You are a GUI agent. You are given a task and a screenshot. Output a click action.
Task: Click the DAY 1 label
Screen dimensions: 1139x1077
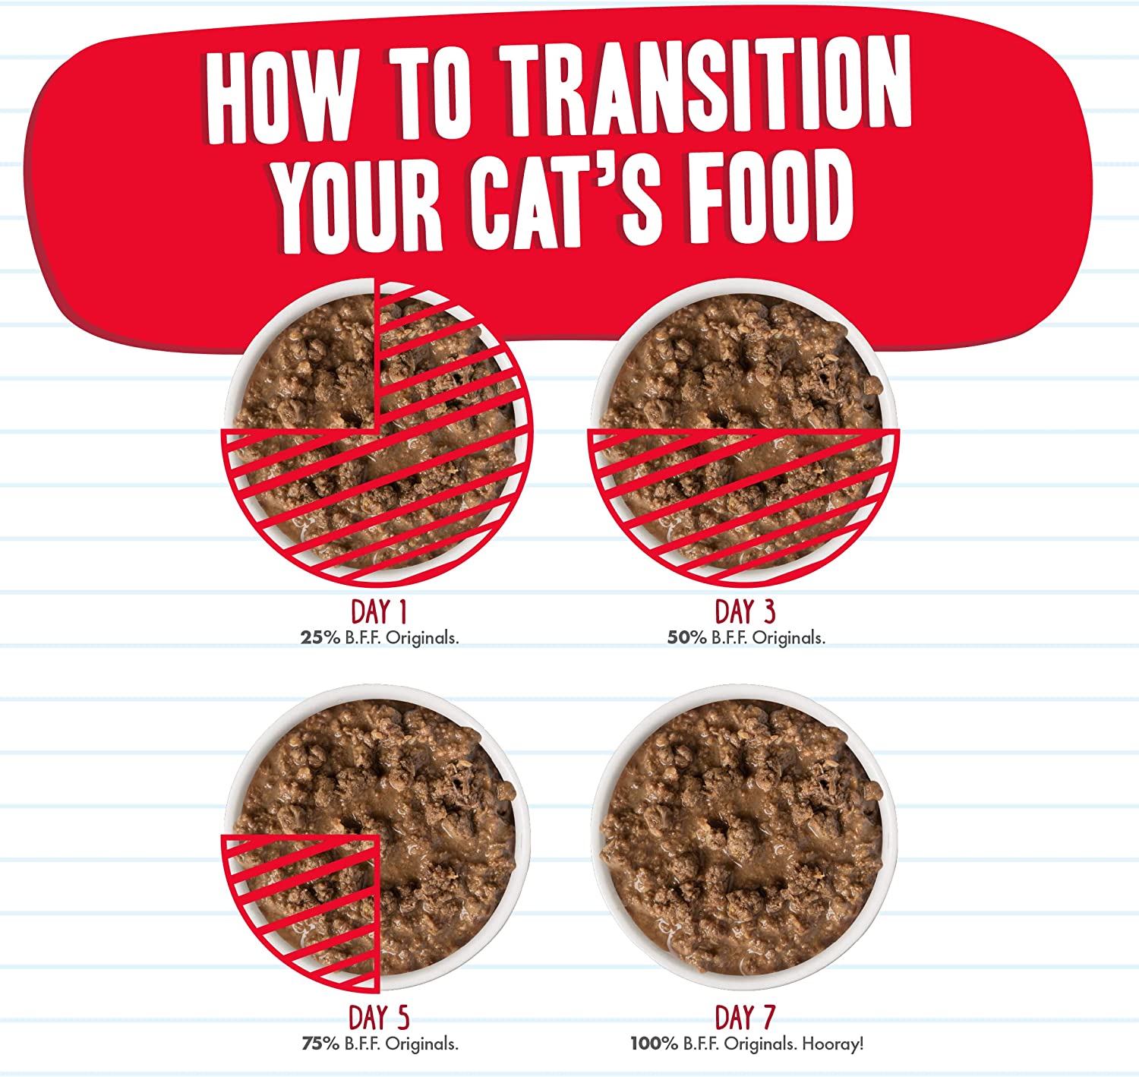(379, 612)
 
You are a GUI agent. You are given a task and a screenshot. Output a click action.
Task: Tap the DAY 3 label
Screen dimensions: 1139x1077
(745, 612)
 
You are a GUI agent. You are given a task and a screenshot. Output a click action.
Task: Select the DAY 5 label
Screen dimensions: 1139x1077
(379, 1018)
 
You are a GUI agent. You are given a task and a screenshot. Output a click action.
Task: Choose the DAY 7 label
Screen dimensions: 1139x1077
(745, 1018)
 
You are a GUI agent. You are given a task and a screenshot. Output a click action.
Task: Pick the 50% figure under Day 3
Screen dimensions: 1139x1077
(686, 638)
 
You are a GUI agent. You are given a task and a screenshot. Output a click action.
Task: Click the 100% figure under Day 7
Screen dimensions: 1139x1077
(654, 1044)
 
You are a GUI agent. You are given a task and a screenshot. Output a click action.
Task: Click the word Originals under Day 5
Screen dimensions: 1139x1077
(421, 1044)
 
